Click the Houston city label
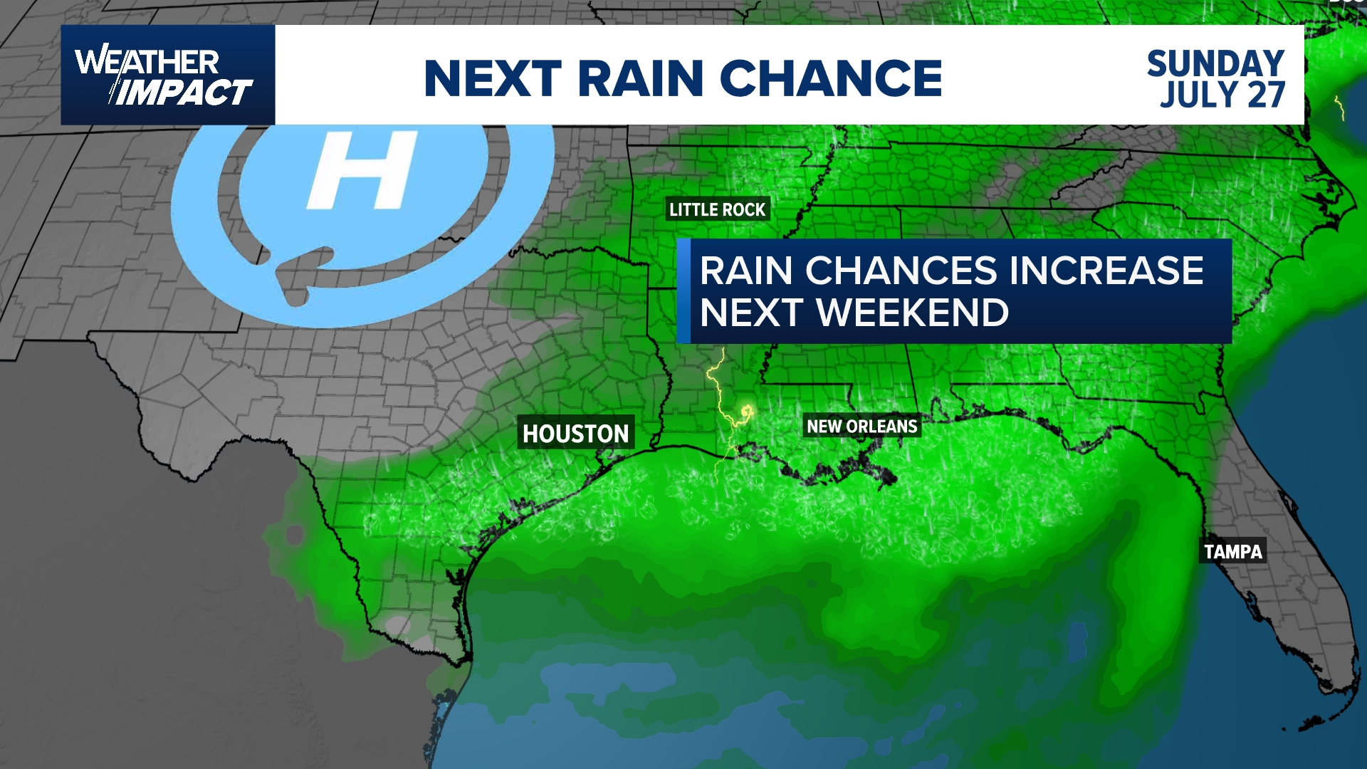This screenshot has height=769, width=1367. pos(575,433)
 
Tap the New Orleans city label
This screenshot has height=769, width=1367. pos(861,427)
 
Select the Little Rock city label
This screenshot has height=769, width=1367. pos(717,209)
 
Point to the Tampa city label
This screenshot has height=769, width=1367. pos(1232,551)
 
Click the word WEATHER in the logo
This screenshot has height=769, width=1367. pos(147,62)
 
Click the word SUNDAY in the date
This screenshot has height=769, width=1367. pos(1215,63)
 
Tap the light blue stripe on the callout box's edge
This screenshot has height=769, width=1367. pos(683,291)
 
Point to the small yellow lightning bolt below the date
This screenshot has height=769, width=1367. pos(1339,108)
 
